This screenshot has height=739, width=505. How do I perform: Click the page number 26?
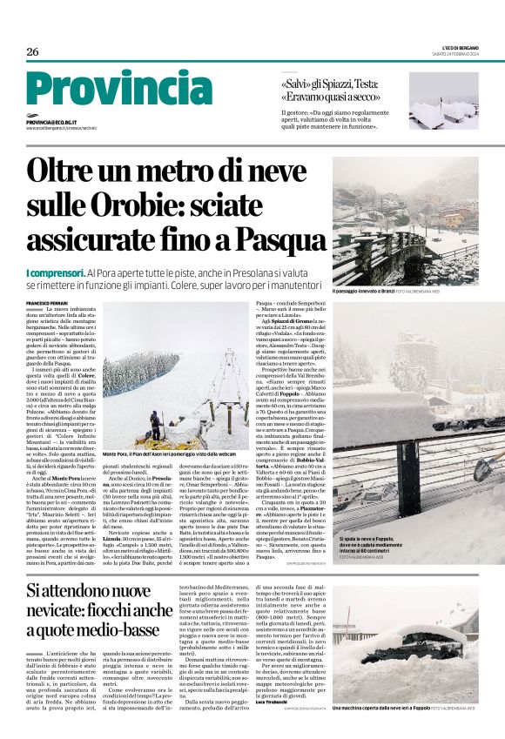coord(32,51)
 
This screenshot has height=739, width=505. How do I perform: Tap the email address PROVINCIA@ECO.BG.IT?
coord(50,124)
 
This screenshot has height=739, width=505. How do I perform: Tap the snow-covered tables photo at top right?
coord(443,100)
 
